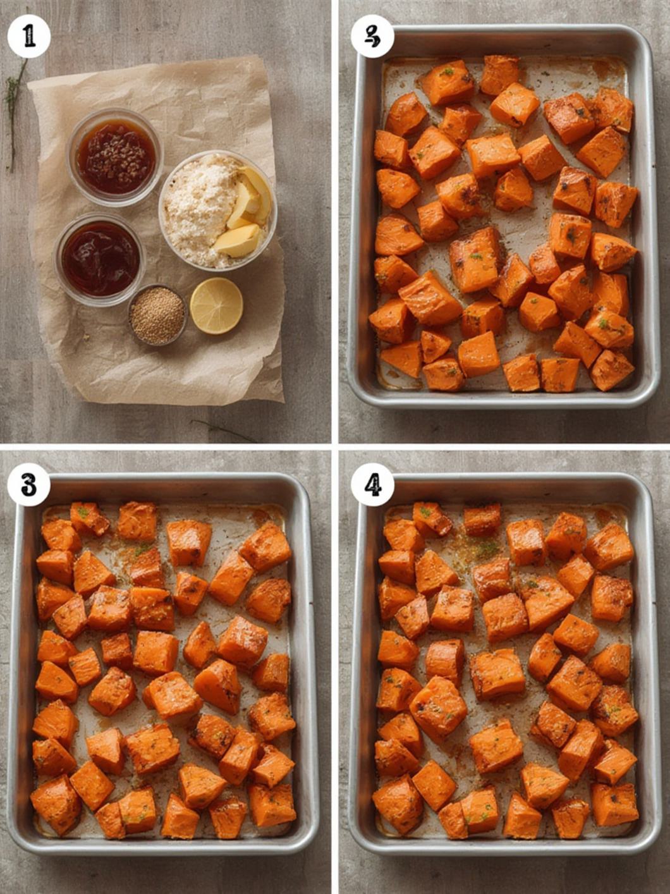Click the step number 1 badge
(x=28, y=37)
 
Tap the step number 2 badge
(x=373, y=37)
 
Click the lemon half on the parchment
(x=216, y=305)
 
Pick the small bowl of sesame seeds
(x=157, y=315)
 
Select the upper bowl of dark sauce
(x=115, y=156)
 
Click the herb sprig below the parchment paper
(x=221, y=431)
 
